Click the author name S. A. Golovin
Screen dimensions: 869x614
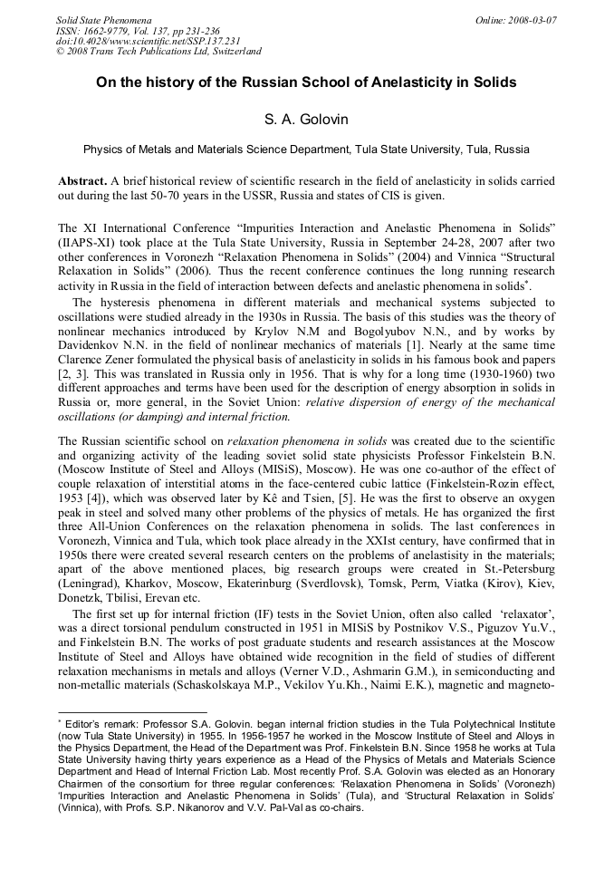tap(307, 119)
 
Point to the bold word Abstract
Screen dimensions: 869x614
tap(82, 180)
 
